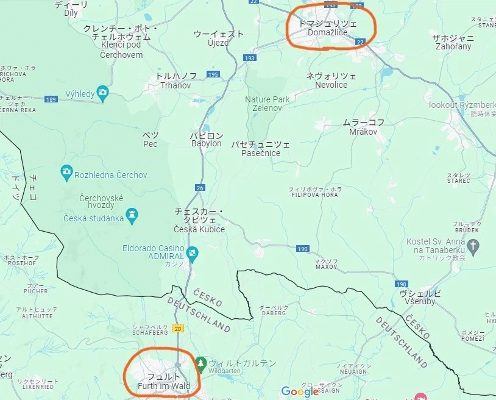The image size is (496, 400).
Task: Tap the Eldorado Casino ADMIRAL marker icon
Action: pyautogui.click(x=193, y=252)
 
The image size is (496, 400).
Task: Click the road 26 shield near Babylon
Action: pyautogui.click(x=199, y=188)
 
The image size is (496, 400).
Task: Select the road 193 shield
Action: pyautogui.click(x=250, y=58)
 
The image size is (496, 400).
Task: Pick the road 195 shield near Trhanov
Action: pyautogui.click(x=212, y=74)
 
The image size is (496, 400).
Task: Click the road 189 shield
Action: pyautogui.click(x=51, y=99)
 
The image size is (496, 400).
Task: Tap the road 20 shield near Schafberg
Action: pyautogui.click(x=178, y=328)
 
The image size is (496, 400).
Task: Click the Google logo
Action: pyautogui.click(x=300, y=391)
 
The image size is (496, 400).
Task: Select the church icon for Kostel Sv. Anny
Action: pyautogui.click(x=473, y=246)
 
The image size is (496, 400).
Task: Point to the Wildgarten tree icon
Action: pyautogui.click(x=200, y=365)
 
